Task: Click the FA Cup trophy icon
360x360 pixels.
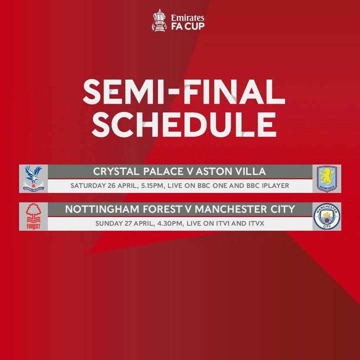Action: [x=159, y=20]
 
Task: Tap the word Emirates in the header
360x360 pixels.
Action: [x=187, y=18]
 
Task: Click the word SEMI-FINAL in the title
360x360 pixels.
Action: [x=183, y=92]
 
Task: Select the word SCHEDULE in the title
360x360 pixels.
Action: [x=184, y=124]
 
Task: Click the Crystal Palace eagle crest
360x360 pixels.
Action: [x=33, y=178]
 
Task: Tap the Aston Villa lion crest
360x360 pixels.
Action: [x=326, y=178]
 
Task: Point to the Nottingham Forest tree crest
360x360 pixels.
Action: [x=33, y=216]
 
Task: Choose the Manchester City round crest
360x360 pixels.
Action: [x=326, y=216]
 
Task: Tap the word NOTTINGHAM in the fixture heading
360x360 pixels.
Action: [x=102, y=209]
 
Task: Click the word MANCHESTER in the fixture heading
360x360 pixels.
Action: [x=230, y=209]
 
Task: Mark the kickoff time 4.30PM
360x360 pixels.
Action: [x=170, y=223]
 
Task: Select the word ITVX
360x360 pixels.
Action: [x=256, y=223]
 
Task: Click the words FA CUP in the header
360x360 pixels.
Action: [x=188, y=26]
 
